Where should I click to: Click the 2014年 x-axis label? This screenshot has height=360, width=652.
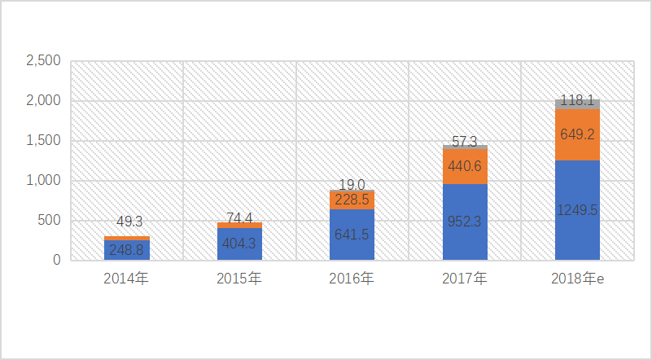126,279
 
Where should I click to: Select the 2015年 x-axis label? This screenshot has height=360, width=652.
239,279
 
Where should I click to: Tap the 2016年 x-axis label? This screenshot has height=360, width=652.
352,279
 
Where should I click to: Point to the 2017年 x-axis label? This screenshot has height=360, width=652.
465,279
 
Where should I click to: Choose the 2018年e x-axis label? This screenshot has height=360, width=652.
577,279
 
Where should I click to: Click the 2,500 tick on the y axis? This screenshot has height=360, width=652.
43,61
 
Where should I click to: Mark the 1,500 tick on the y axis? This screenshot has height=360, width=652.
43,141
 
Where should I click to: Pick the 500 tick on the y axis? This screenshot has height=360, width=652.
50,221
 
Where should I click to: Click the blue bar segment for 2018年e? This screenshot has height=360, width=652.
577,210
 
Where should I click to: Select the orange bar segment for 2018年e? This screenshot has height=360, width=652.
577,134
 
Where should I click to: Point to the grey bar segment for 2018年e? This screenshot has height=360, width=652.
577,103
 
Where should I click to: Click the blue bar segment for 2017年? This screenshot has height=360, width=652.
465,222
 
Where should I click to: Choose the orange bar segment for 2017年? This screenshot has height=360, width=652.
465,166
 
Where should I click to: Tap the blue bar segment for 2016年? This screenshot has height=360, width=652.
352,235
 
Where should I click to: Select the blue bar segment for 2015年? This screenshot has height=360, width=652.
239,244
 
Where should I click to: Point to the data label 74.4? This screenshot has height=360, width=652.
239,217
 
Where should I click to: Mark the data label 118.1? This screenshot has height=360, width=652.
577,100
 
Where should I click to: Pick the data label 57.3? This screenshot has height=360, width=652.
465,142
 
